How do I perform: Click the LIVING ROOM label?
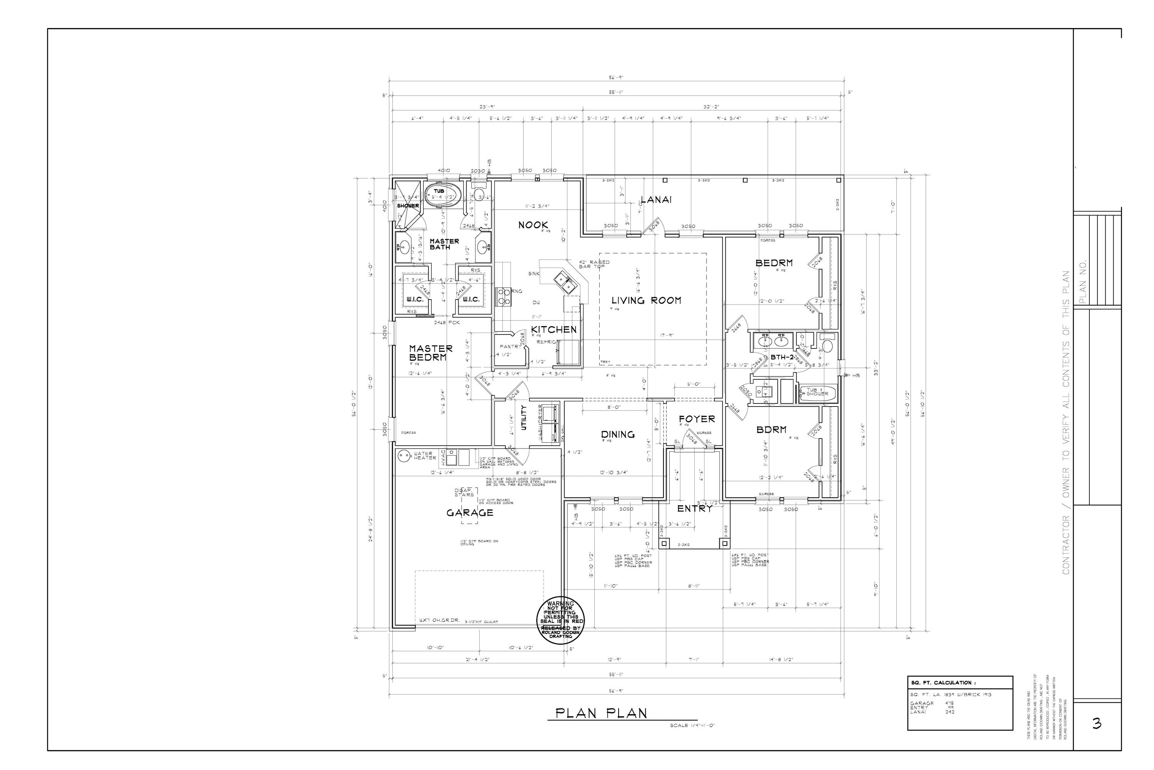click(x=646, y=301)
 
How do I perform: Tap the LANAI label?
click(x=656, y=199)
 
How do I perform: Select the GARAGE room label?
click(x=470, y=513)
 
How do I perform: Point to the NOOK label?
click(x=533, y=225)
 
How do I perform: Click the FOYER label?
click(x=697, y=419)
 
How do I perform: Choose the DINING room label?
click(x=618, y=435)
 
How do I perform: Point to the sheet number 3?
click(x=1097, y=723)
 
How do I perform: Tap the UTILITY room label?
click(x=524, y=418)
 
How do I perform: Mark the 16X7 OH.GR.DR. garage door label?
click(x=439, y=621)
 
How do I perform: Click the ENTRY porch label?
click(x=695, y=509)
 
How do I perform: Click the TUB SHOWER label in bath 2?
click(x=817, y=392)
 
